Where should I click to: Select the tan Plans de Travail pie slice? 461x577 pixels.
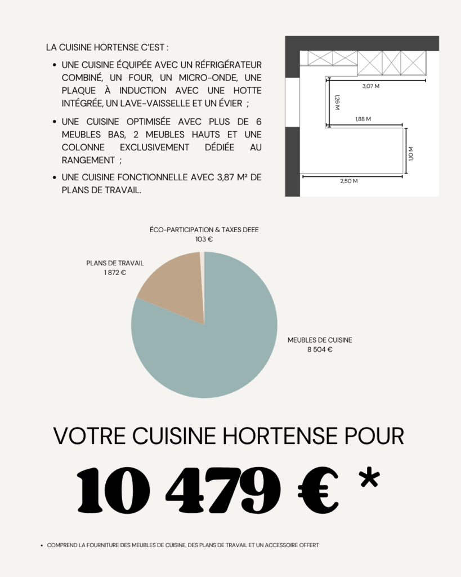pyautogui.click(x=172, y=287)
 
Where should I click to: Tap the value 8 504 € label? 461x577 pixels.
pyautogui.click(x=320, y=349)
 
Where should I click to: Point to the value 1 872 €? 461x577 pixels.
pyautogui.click(x=115, y=273)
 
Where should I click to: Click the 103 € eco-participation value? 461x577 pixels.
pyautogui.click(x=204, y=239)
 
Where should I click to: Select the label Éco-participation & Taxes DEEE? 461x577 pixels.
pyautogui.click(x=204, y=230)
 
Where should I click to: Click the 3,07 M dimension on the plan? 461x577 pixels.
pyautogui.click(x=370, y=86)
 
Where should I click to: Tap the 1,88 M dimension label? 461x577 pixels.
pyautogui.click(x=363, y=119)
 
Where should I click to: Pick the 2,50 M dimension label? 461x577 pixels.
pyautogui.click(x=349, y=181)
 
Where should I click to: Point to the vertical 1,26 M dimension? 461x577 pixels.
pyautogui.click(x=337, y=102)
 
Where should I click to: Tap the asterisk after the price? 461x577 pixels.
pyautogui.click(x=369, y=480)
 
